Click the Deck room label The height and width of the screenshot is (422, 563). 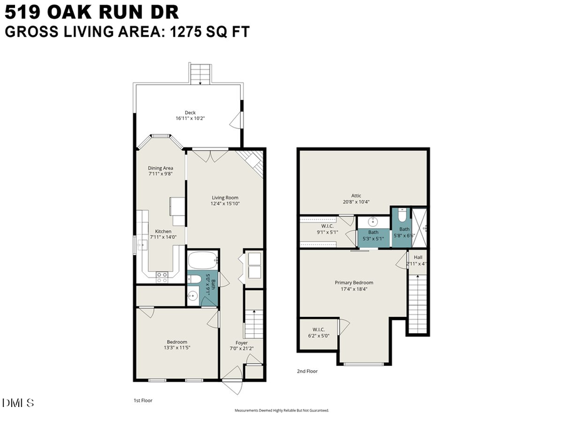click(190, 113)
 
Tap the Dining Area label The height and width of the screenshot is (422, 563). click(160, 168)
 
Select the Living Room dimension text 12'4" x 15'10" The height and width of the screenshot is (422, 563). click(225, 203)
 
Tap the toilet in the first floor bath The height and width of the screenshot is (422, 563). click(195, 278)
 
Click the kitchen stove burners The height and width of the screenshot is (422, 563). click(161, 274)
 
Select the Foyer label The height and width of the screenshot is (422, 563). click(241, 343)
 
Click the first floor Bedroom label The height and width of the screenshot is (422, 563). click(177, 341)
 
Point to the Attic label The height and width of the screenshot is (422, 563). click(357, 196)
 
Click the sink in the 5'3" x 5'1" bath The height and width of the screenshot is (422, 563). click(373, 221)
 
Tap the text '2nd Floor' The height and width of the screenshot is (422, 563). click(307, 371)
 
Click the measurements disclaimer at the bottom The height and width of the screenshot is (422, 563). click(281, 411)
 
